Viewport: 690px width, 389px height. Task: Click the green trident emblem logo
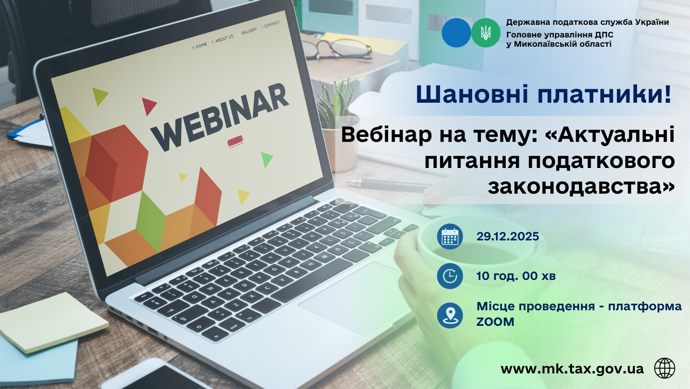[486, 33]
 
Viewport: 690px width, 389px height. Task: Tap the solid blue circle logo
[456, 33]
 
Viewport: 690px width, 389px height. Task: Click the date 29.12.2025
[508, 237]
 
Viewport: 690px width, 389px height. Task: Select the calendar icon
[450, 237]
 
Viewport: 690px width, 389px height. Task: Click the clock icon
[450, 276]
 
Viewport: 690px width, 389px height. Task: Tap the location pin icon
[450, 315]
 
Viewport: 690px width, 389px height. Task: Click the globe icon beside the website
[664, 368]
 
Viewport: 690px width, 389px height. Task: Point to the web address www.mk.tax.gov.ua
[572, 369]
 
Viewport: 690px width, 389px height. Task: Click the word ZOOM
[495, 322]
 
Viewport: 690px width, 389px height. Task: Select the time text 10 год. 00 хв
[516, 276]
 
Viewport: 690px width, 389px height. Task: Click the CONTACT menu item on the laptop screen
[271, 24]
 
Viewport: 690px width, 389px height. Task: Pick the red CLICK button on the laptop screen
[235, 141]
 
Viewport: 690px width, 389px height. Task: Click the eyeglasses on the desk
[338, 48]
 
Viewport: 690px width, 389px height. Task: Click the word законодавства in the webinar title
[581, 187]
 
